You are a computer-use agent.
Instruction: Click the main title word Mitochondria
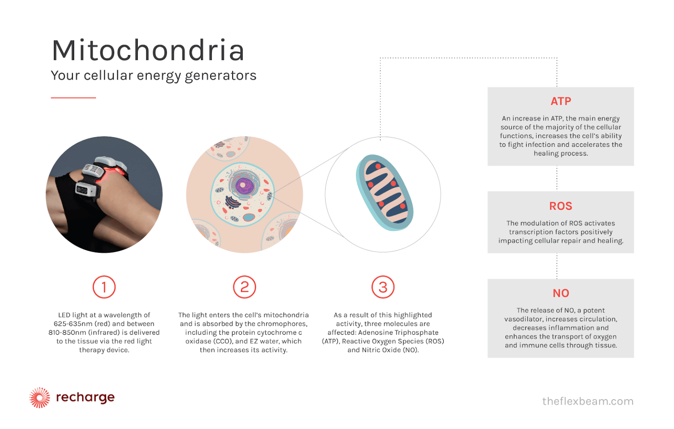point(148,50)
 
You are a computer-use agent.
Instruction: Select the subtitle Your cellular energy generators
point(154,75)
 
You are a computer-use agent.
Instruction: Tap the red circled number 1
point(104,287)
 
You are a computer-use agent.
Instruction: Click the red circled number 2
point(244,287)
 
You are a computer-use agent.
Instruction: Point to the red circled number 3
point(383,287)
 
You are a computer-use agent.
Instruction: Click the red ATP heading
point(561,101)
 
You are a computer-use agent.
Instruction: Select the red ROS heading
point(561,206)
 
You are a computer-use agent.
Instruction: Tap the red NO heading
point(561,293)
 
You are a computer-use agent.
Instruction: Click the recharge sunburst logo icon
point(39,398)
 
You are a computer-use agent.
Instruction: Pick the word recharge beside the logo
point(85,397)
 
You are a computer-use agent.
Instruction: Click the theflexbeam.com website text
point(588,401)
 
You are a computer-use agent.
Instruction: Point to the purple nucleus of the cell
point(244,185)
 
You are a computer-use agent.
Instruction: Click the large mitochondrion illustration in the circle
point(384,192)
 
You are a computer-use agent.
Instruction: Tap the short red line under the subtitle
point(73,98)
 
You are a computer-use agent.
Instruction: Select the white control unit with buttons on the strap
point(86,190)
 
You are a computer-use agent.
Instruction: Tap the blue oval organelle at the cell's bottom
point(249,217)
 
